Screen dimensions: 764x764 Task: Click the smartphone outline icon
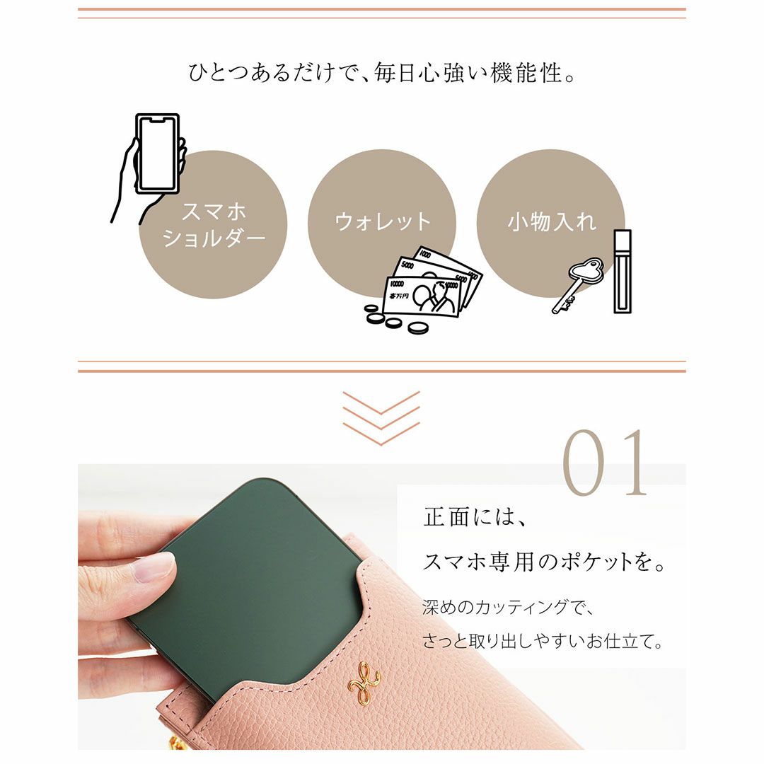tap(157, 154)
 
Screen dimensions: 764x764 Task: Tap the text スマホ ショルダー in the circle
tap(214, 225)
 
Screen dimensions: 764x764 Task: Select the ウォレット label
tap(383, 221)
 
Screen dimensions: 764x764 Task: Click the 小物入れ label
tap(552, 221)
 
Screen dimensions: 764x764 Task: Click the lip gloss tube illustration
tap(623, 272)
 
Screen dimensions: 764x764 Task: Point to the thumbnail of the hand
tap(155, 568)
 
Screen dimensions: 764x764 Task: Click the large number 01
tap(605, 463)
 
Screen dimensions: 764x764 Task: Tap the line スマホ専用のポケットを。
tap(544, 562)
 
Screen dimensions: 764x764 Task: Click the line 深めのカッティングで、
tap(507, 607)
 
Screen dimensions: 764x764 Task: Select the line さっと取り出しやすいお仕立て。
tap(543, 641)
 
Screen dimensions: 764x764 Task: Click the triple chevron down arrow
tap(381, 418)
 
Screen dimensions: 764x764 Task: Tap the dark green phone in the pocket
tap(253, 585)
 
